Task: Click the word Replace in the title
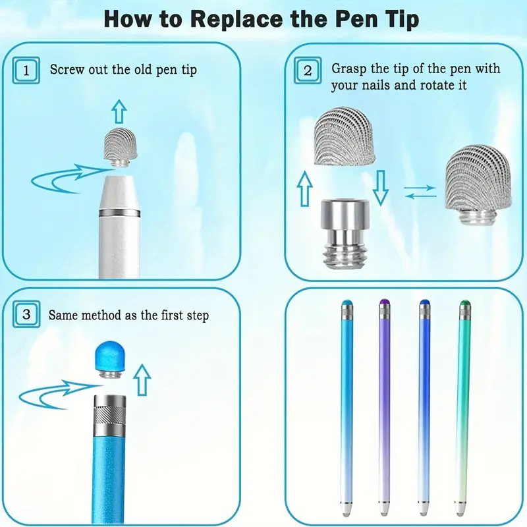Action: pos(236,20)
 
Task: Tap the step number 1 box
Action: pos(26,70)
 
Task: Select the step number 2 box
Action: pos(308,70)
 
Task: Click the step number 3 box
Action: pos(26,315)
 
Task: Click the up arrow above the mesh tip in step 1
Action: pos(119,111)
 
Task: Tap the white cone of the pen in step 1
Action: pos(119,192)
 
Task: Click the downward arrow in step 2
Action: pos(380,188)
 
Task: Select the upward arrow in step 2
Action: pos(305,188)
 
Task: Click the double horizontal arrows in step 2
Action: pos(420,192)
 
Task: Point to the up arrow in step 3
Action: pos(142,380)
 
